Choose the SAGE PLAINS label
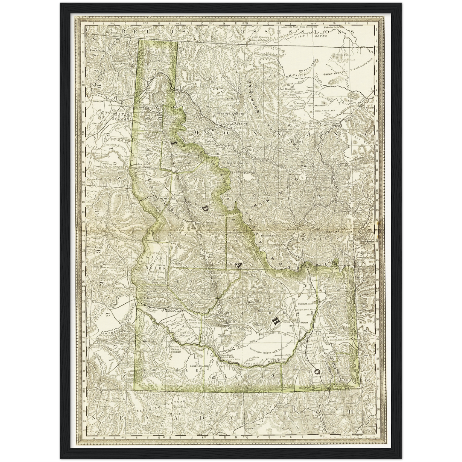point(199,366)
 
